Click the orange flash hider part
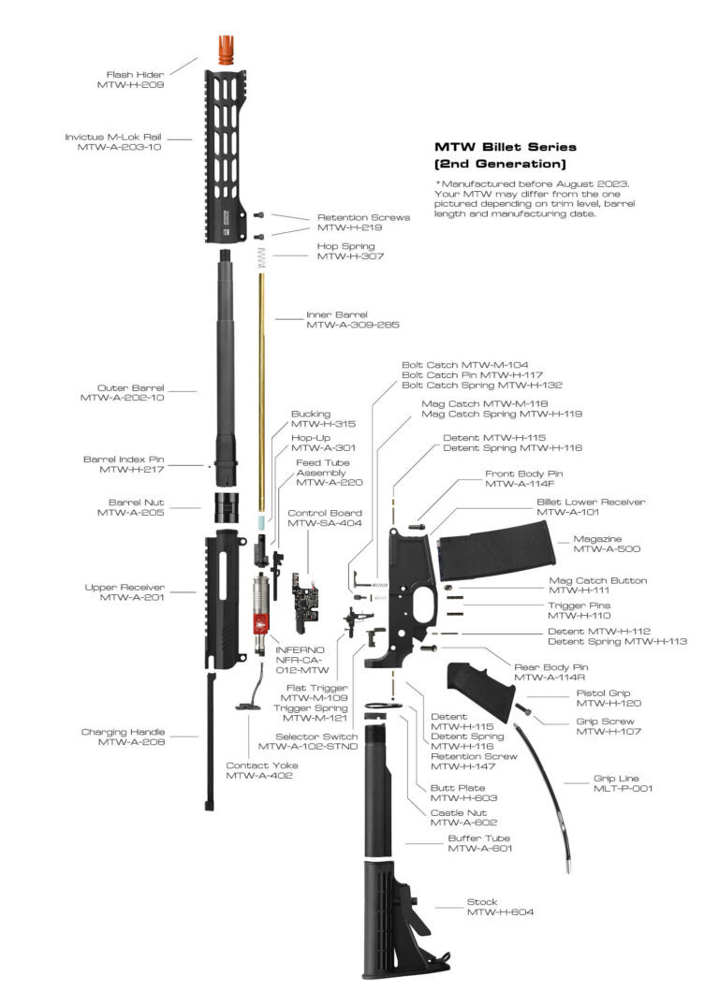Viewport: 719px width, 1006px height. (x=226, y=49)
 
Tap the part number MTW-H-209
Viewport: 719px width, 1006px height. (x=131, y=85)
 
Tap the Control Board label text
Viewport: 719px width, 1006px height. (x=325, y=513)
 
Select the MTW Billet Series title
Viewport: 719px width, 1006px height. (x=506, y=147)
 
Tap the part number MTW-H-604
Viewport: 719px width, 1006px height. (x=500, y=913)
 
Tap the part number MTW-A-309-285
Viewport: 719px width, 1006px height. (x=353, y=326)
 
